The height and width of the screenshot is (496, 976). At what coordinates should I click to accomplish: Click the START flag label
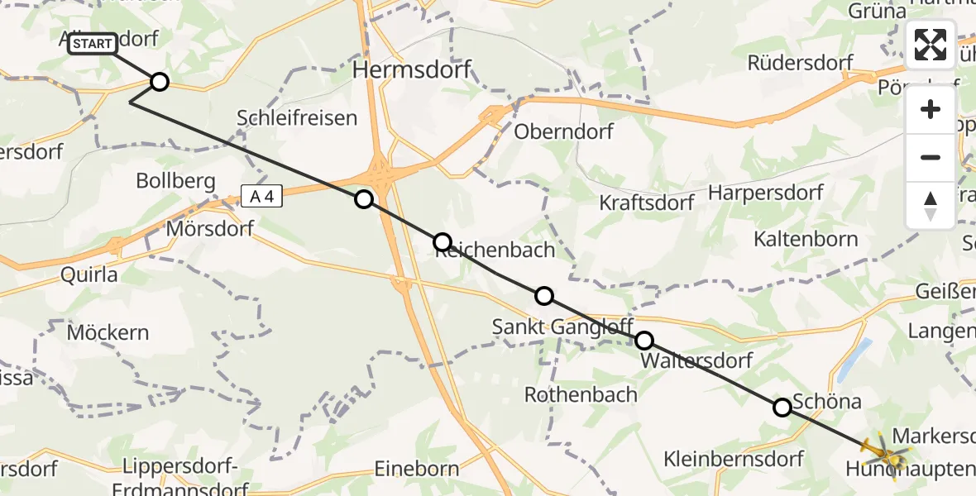coord(92,44)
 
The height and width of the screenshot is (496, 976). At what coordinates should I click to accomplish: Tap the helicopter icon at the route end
coord(883,453)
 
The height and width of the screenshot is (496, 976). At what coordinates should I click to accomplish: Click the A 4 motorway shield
coord(262,196)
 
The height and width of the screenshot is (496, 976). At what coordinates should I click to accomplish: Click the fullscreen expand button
coord(931,45)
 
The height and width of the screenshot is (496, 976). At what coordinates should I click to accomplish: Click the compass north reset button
coord(931,206)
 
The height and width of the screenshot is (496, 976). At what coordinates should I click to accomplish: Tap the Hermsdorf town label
coord(412,70)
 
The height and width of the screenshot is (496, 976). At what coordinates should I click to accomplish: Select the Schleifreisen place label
coord(297,117)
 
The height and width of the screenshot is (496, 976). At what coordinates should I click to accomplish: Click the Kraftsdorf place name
coord(646,203)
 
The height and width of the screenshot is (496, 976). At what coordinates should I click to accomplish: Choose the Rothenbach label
coord(581,394)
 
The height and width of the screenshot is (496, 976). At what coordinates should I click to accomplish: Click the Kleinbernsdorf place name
coord(734,459)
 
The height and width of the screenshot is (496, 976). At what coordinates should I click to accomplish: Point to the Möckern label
coord(108,333)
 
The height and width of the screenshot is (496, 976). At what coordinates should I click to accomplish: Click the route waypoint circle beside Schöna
coord(782,407)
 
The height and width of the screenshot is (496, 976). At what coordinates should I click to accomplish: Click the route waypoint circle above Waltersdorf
coord(643,340)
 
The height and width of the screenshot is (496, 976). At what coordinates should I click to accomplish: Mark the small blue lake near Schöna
coord(861,353)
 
